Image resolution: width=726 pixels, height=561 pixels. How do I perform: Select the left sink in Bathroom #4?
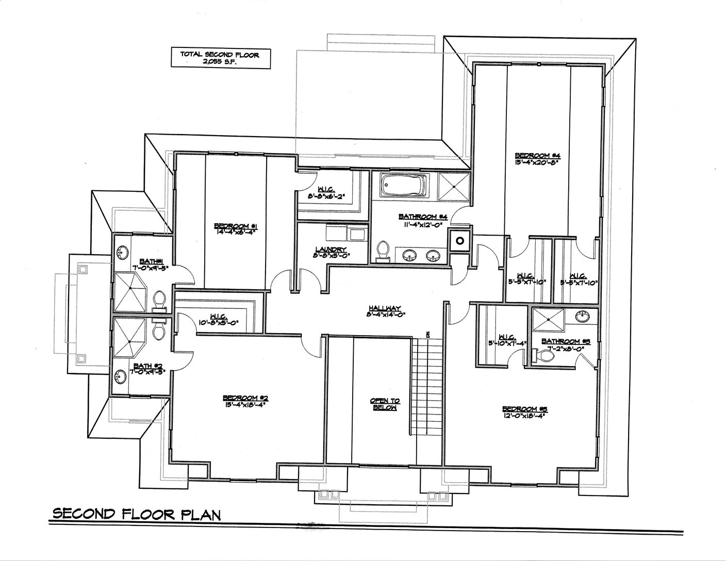coord(410,255)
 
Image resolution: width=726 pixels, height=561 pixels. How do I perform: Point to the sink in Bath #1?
coord(123,253)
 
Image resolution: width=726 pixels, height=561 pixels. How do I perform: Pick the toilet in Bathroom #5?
coord(538,355)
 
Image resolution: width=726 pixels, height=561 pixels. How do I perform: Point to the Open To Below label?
coord(385,404)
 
